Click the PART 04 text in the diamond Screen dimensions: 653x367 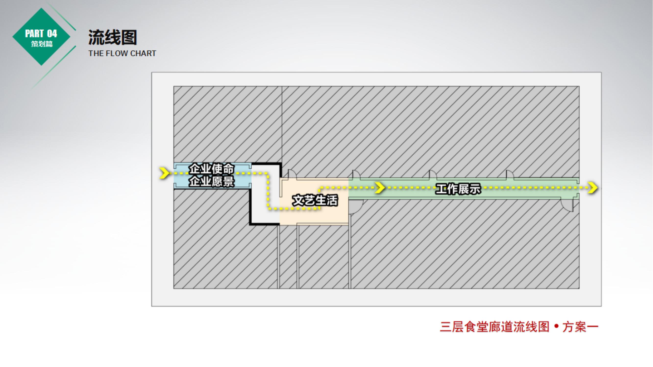[x=41, y=34]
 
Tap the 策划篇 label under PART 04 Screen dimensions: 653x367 [x=42, y=44]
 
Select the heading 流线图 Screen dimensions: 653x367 [x=112, y=37]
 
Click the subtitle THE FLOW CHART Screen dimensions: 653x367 [x=122, y=54]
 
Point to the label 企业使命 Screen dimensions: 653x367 [x=211, y=168]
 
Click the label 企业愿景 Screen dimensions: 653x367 [x=211, y=181]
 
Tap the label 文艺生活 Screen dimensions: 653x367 [x=315, y=200]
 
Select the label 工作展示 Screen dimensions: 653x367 [x=458, y=189]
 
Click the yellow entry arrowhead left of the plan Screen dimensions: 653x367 [x=164, y=173]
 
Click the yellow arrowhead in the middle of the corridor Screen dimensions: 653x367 [x=380, y=188]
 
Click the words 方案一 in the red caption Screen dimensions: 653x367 [x=580, y=327]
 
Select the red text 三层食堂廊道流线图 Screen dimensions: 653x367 [x=494, y=327]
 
